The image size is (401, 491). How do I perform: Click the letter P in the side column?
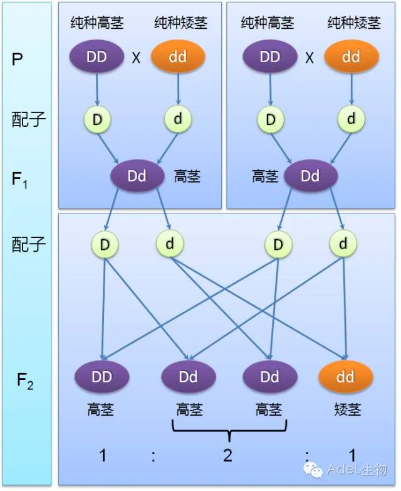(17, 58)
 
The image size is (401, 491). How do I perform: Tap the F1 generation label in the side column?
(19, 180)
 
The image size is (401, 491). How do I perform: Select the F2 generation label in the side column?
(25, 381)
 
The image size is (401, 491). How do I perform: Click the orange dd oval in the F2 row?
(345, 377)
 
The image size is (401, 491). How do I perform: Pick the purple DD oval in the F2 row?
(102, 377)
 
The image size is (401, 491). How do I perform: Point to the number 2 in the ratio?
(228, 455)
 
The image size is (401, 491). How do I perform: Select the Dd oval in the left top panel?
(137, 176)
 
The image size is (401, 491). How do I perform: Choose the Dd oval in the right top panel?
(311, 176)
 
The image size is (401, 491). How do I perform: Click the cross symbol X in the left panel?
(136, 58)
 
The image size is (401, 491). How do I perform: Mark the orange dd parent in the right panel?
(352, 57)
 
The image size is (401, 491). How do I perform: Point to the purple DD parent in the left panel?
(96, 57)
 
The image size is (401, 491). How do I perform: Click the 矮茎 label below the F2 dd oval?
(348, 409)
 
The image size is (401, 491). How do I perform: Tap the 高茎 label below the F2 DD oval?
(100, 409)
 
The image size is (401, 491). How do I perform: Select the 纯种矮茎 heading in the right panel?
(354, 23)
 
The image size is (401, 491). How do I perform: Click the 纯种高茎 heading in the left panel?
(97, 23)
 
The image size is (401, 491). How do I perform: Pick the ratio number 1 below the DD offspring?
(103, 455)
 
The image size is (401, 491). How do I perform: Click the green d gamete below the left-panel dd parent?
(178, 119)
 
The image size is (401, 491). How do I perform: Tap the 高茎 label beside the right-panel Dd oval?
(265, 176)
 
